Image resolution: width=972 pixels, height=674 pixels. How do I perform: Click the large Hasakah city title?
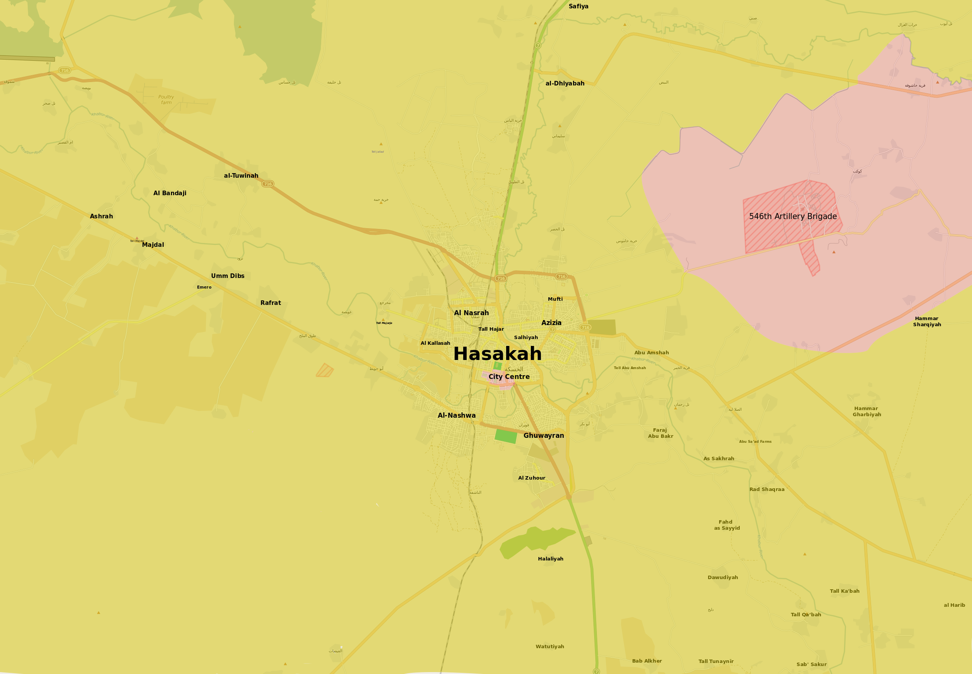[x=497, y=354]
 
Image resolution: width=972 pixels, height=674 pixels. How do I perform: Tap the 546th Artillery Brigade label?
[x=792, y=216]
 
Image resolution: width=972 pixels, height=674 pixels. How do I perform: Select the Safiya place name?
[x=578, y=6]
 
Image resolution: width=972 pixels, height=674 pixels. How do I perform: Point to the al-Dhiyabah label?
[x=565, y=83]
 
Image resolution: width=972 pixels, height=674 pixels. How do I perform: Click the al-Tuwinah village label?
[x=241, y=176]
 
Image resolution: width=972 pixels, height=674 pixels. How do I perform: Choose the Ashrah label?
[x=101, y=216]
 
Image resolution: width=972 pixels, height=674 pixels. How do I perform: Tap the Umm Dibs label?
[x=227, y=276]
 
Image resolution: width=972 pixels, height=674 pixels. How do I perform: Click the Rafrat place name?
[x=270, y=303]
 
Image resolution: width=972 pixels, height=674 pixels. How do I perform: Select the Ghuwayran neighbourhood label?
[x=543, y=436]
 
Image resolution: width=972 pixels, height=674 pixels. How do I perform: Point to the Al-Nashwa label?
[x=456, y=415]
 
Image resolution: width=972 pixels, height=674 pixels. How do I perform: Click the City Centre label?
[x=509, y=377]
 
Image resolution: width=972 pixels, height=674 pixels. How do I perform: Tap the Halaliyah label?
[x=550, y=559]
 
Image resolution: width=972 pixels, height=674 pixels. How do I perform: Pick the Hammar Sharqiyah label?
[x=927, y=321]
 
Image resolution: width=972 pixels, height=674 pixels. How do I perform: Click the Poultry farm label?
[x=166, y=99]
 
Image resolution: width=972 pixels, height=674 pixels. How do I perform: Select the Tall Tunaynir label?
[x=716, y=661]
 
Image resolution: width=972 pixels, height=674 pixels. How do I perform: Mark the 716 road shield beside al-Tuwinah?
[x=268, y=184]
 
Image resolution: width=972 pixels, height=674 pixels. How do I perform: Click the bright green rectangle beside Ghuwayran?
[x=506, y=436]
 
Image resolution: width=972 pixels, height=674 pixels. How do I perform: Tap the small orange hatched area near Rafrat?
[x=324, y=370]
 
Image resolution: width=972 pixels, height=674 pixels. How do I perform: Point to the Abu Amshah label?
[x=651, y=353]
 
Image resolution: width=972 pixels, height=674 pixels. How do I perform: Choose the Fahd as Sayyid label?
[x=726, y=525]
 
